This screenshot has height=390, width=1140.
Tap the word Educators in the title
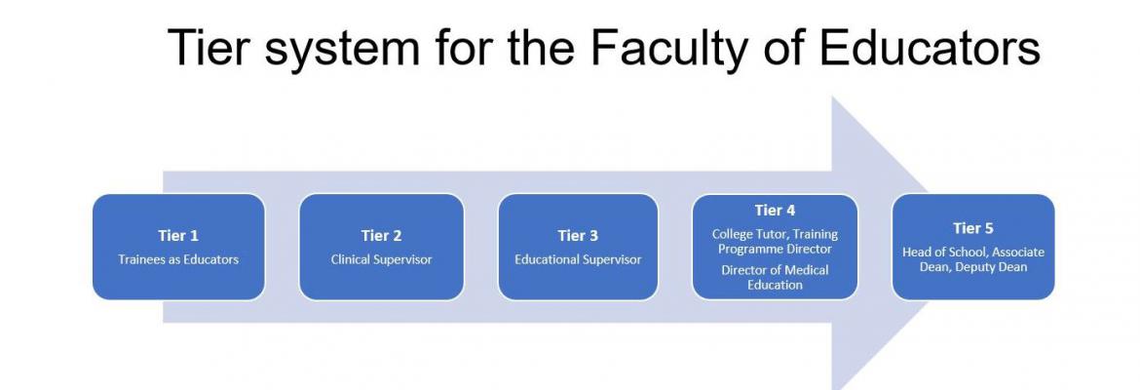[x=930, y=47]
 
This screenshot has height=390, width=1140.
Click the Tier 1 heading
[x=178, y=236]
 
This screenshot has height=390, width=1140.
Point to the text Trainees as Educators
[x=178, y=259]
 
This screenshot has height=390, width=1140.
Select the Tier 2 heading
[x=381, y=236]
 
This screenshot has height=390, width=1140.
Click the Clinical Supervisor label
[x=381, y=259]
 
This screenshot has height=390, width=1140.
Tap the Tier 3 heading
[x=578, y=236]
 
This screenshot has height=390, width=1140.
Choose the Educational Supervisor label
[x=578, y=259]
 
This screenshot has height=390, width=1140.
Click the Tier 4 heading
[x=775, y=211]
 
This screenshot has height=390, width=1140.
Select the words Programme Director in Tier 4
[x=775, y=249]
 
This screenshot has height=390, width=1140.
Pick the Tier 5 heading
[x=972, y=228]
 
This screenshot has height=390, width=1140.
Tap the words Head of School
[x=938, y=252]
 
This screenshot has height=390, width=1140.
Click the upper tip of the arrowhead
[x=832, y=97]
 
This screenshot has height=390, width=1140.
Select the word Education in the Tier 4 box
[x=775, y=285]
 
